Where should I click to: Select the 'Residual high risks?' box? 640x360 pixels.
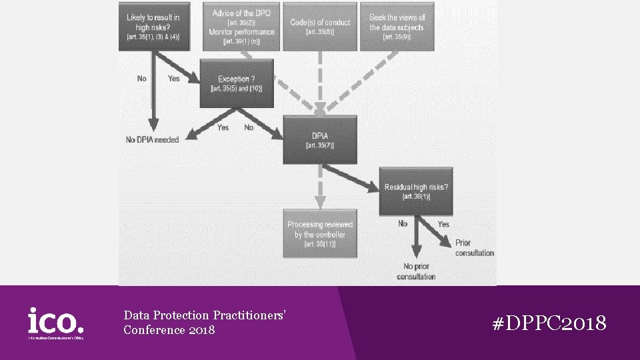[415, 191]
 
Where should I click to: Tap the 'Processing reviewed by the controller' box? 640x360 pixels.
[320, 233]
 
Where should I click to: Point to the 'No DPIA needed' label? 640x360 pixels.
[153, 139]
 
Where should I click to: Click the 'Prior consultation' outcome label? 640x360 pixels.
[475, 248]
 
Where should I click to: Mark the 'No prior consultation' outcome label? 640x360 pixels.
[415, 271]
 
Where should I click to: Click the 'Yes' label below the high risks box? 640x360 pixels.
[174, 79]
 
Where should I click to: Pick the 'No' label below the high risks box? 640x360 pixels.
[142, 79]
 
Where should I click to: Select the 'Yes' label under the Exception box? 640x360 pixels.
[223, 127]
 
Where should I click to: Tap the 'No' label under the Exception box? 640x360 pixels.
[249, 127]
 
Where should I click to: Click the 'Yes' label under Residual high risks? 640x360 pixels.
[443, 225]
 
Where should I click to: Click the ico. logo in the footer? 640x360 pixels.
[56, 322]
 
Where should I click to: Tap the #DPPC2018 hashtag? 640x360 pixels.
[549, 324]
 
